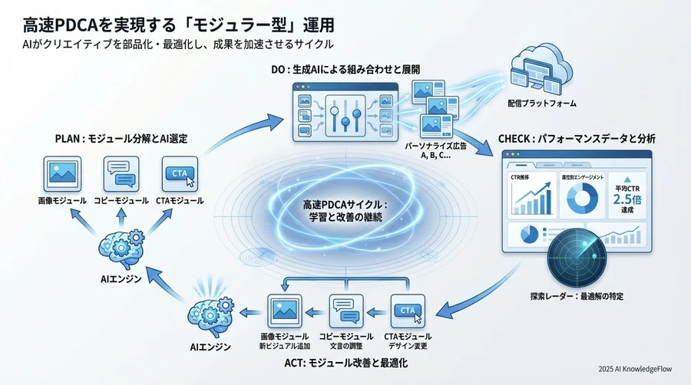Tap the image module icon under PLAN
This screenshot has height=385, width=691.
coord(62,173)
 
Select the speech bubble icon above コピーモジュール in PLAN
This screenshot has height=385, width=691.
coord(121,173)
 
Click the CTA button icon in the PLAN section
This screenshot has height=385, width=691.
coord(180,173)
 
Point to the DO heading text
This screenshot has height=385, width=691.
coord(345,69)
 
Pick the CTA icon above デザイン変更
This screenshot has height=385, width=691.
coord(407,311)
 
